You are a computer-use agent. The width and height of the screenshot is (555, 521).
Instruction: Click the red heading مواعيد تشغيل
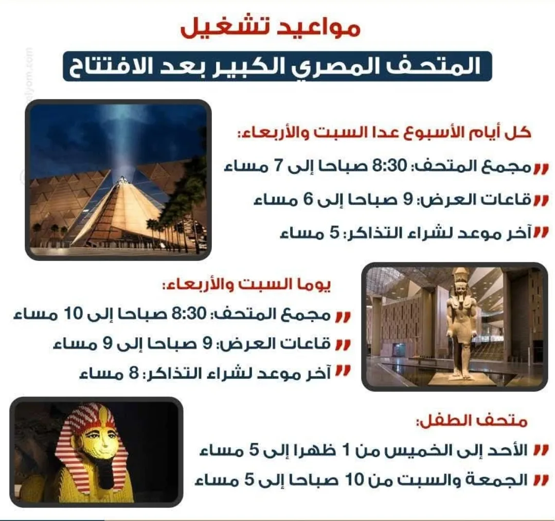[x=271, y=28]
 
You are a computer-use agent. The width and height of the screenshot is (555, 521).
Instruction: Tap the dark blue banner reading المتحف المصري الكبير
[x=277, y=66]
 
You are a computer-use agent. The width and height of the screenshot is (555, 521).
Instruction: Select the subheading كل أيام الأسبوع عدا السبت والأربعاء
[x=384, y=133]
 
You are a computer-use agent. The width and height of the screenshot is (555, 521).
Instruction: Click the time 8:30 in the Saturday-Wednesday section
[x=189, y=313]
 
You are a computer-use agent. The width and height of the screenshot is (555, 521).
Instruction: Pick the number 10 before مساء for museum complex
[x=73, y=313]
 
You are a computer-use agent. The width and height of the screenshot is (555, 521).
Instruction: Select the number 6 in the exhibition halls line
[x=309, y=199]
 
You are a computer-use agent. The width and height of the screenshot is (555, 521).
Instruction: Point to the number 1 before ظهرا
[x=347, y=451]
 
